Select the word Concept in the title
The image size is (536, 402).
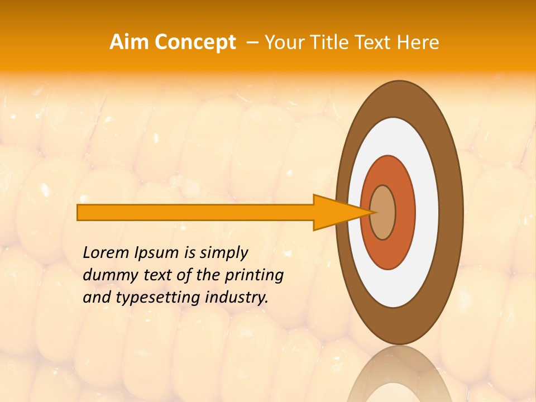(195, 43)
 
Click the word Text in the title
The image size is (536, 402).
(375, 42)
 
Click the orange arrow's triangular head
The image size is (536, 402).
(335, 213)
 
